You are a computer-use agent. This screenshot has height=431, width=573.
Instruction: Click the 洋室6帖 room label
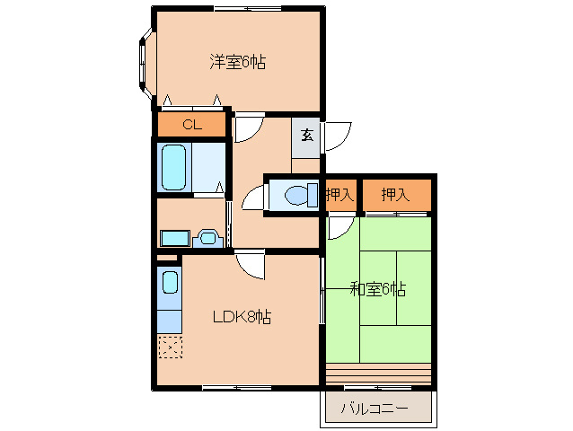(237, 62)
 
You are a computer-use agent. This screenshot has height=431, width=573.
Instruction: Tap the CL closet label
(192, 125)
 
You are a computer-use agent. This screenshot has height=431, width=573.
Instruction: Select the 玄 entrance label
(306, 136)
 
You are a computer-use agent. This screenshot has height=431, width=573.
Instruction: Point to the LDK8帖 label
(242, 317)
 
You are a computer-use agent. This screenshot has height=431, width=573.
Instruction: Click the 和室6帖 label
(378, 289)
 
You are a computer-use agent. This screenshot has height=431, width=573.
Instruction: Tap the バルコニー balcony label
(375, 408)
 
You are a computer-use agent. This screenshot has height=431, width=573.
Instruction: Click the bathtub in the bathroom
(173, 167)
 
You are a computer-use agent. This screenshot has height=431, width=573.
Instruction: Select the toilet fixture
(301, 196)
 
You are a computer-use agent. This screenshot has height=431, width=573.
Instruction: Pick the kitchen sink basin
(170, 282)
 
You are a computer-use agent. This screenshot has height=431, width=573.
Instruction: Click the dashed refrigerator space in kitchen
(171, 347)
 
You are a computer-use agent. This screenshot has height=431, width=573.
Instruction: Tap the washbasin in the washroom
(207, 239)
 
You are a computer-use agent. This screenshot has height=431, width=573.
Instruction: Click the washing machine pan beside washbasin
(175, 239)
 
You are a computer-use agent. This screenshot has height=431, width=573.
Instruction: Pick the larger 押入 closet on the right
(397, 195)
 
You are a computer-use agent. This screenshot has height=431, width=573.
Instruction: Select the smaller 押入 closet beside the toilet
(340, 195)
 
